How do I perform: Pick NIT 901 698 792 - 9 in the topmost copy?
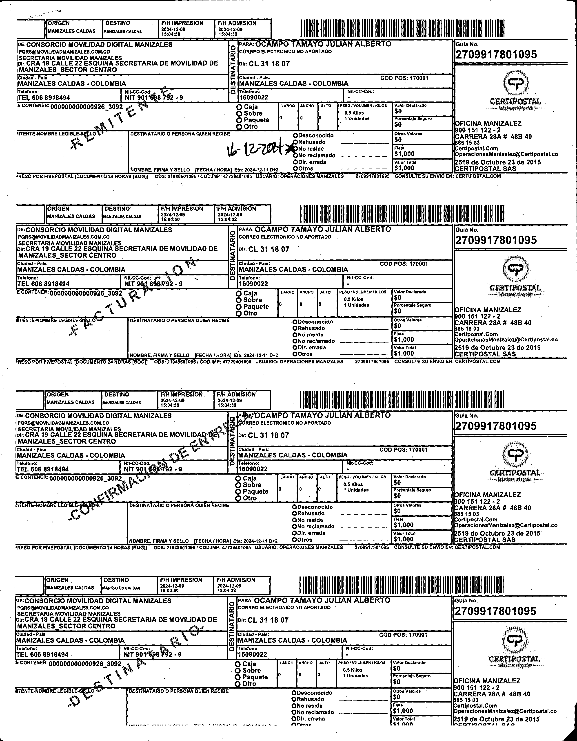pos(154,98)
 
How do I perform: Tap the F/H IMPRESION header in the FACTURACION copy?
pos(182,209)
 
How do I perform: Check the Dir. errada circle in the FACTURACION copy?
pos(295,347)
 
